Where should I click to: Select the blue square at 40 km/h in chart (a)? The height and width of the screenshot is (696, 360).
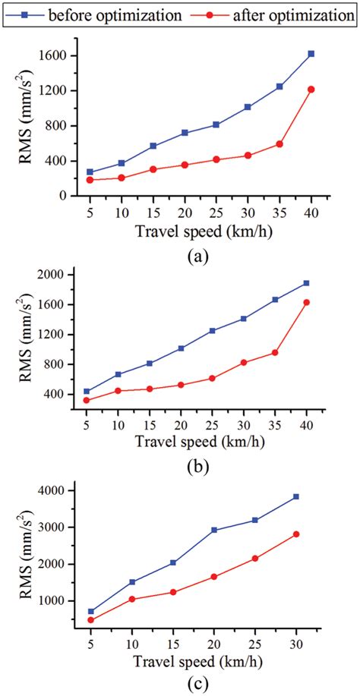311,54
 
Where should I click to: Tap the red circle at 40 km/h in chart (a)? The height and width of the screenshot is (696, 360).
311,90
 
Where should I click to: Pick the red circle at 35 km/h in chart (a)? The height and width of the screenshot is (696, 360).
279,143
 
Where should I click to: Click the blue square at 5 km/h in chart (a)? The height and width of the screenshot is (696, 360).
90,172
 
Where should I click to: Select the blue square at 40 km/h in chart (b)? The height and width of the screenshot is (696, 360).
307,283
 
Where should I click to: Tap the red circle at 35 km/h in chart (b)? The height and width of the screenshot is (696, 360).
275,352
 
